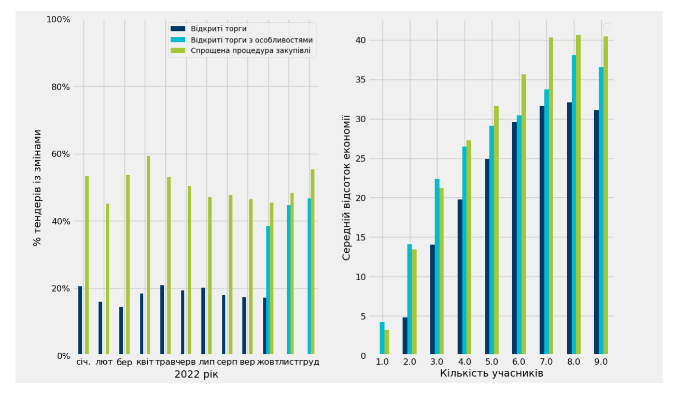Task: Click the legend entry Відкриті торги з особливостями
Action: [x=251, y=40]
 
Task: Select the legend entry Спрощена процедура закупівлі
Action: [x=250, y=51]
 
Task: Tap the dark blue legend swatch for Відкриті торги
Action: [x=178, y=28]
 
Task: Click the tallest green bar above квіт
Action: [x=148, y=255]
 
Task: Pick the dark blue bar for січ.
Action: [x=80, y=320]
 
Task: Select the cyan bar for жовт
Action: [x=268, y=290]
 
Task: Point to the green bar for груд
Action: [x=313, y=262]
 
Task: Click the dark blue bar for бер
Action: [x=121, y=330]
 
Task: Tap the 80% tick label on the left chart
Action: [x=61, y=87]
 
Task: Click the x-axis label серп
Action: [x=227, y=362]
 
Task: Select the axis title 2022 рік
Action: [x=196, y=374]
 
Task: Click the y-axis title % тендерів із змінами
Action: [x=37, y=188]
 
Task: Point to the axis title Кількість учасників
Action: [x=492, y=373]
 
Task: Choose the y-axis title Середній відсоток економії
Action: [x=346, y=187]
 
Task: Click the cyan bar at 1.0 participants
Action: [x=382, y=338]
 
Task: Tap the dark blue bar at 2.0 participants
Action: [x=405, y=336]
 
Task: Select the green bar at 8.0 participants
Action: [x=578, y=194]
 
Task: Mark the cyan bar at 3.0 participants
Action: [x=437, y=266]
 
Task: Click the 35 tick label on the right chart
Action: [x=360, y=80]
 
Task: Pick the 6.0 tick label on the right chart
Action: [x=519, y=362]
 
